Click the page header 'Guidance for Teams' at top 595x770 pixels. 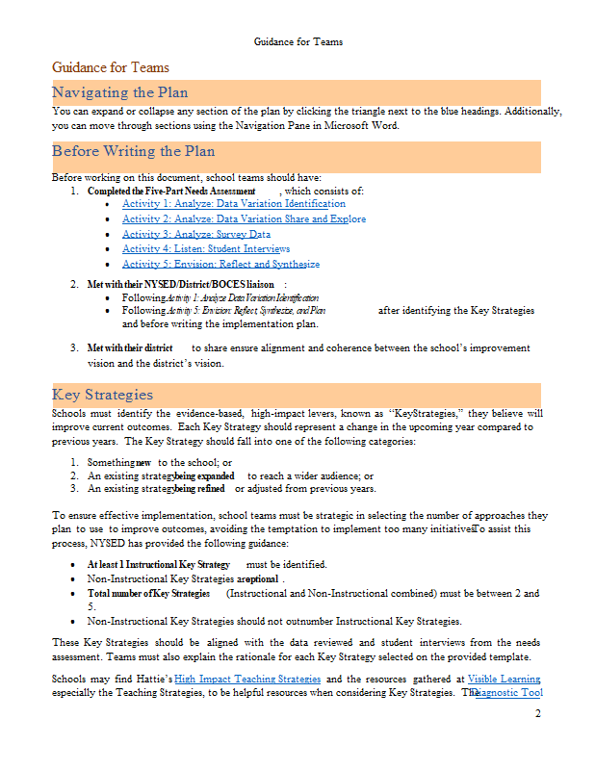297,42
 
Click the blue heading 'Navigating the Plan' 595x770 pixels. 120,92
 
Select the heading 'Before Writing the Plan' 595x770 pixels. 134,151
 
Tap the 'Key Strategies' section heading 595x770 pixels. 102,395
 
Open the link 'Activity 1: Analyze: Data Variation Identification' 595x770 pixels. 233,204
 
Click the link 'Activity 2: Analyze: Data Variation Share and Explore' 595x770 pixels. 244,219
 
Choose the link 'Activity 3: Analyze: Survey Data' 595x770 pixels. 196,234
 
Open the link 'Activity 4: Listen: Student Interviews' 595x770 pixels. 206,249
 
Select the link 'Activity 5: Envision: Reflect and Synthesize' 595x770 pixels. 220,264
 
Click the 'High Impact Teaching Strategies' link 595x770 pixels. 247,680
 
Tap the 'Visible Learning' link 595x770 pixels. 504,680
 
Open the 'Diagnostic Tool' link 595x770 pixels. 508,693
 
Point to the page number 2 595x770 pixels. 538,713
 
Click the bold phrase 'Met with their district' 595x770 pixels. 130,347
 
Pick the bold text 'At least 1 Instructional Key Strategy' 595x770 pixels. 159,564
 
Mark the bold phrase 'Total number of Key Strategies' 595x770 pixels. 149,594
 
